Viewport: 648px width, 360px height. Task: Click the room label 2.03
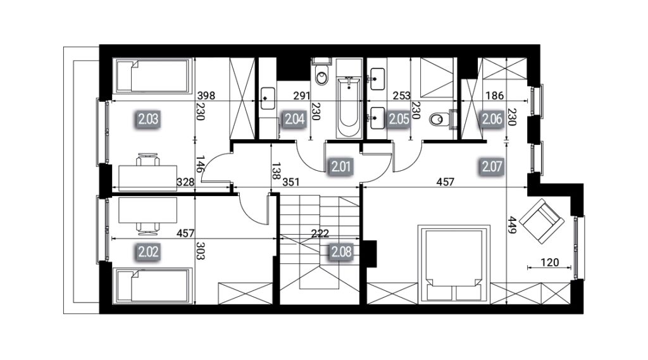148,119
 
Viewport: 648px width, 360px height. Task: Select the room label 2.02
148,251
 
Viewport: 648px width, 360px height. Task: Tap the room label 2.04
295,119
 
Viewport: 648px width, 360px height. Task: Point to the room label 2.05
399,119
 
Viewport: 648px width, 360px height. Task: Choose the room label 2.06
492,119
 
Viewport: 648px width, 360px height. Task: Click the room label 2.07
492,166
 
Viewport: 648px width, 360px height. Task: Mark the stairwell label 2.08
341,251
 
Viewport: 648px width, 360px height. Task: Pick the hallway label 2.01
341,166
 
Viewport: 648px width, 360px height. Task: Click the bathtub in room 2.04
349,107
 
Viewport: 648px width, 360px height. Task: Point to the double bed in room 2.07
454,264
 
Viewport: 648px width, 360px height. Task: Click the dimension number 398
206,96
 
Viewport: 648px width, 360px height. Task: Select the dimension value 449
513,225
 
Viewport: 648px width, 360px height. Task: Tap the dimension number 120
550,262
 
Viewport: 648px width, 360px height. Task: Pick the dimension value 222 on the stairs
320,233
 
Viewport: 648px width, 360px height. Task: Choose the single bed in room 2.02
153,286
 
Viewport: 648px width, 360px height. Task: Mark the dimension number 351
291,182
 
